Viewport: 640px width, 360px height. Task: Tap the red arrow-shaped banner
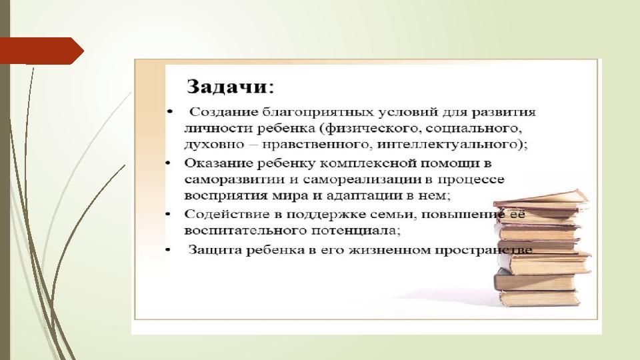pyautogui.click(x=41, y=51)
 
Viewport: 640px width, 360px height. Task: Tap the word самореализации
pyautogui.click(x=363, y=179)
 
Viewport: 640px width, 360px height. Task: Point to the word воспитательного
pyautogui.click(x=245, y=231)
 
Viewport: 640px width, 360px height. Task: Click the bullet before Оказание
pyautogui.click(x=168, y=163)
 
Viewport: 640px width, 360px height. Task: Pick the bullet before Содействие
pyautogui.click(x=168, y=214)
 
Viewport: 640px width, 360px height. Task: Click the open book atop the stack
pyautogui.click(x=541, y=200)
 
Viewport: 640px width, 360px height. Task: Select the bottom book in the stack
pyautogui.click(x=539, y=299)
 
